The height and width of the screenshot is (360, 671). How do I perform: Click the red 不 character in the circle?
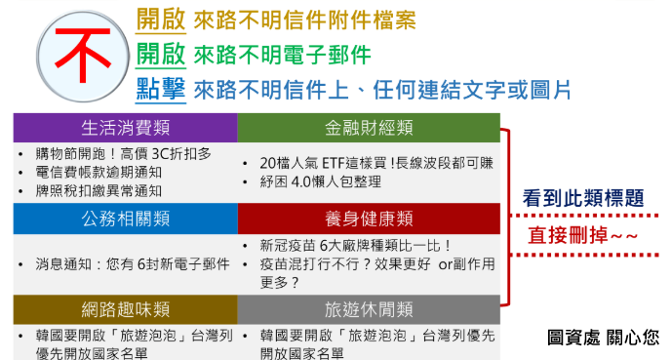click(83, 55)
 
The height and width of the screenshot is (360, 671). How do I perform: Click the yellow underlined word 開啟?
click(161, 20)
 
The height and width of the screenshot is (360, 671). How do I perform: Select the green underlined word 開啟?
click(161, 55)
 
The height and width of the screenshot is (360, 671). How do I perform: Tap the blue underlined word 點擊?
click(161, 90)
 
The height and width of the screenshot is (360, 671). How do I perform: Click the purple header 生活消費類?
click(126, 128)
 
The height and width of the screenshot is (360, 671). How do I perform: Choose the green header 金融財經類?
click(369, 128)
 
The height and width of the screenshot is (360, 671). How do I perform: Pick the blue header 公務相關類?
click(126, 219)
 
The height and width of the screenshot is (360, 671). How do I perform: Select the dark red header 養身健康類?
click(369, 219)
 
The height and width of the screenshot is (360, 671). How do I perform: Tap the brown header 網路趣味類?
click(126, 309)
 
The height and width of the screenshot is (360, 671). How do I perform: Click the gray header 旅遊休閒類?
click(369, 309)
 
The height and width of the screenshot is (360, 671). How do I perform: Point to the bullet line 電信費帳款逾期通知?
click(99, 173)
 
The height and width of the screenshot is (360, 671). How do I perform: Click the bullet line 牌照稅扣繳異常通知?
click(99, 191)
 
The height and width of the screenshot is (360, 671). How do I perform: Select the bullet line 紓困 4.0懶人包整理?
click(320, 181)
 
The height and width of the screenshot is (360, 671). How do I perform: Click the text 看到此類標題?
click(583, 198)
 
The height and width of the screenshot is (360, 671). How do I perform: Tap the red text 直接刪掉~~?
click(583, 235)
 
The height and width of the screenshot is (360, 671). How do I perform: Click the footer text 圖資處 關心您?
click(604, 338)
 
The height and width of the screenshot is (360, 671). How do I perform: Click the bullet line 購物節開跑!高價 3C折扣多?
click(124, 154)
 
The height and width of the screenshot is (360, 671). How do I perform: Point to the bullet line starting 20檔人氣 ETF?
click(376, 163)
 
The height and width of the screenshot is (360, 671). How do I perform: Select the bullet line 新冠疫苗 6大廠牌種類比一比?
click(355, 246)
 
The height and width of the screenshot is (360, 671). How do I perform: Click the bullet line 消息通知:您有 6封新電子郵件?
click(133, 264)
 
